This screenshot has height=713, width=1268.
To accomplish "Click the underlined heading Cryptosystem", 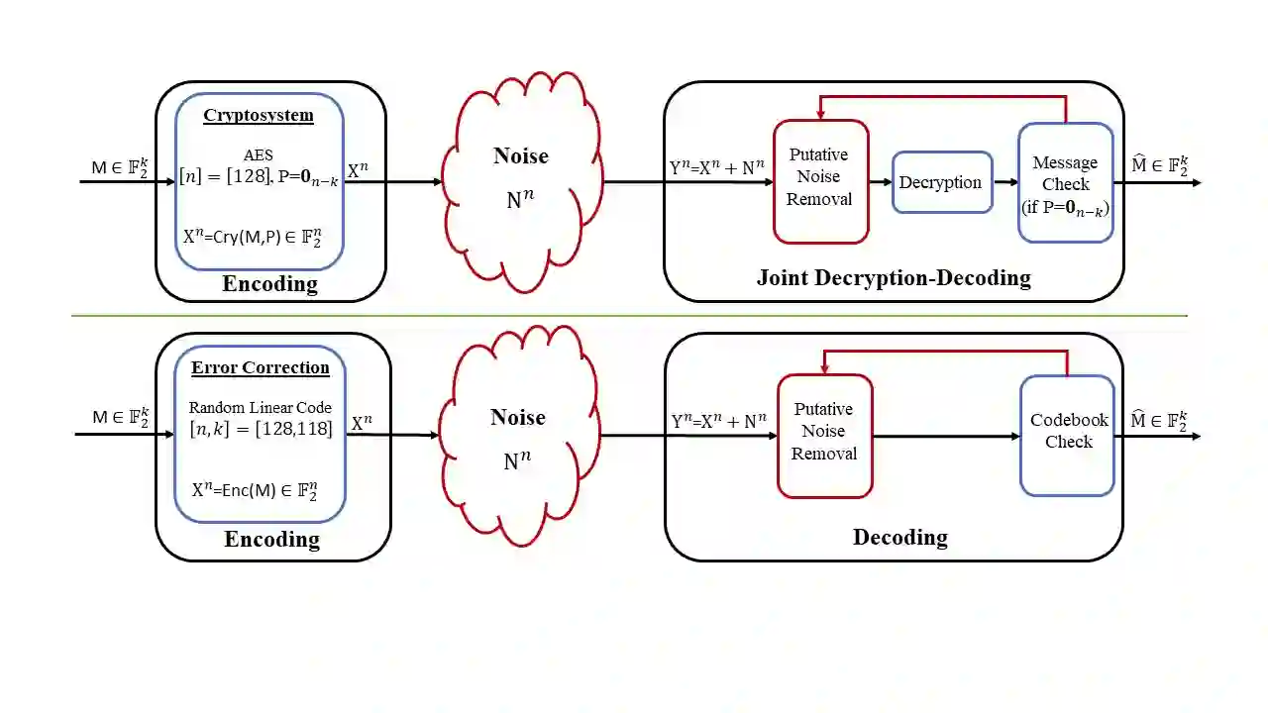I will [x=259, y=115].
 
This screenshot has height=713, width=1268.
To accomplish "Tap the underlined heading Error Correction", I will [x=261, y=367].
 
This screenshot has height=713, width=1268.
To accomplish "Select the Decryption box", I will [x=941, y=182].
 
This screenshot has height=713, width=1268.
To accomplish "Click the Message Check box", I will [x=1065, y=182].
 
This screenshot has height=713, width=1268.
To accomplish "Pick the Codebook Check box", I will [x=1067, y=435].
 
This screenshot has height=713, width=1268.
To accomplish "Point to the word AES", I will [x=258, y=155].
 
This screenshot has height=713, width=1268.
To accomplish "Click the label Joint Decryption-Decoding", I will [x=894, y=278].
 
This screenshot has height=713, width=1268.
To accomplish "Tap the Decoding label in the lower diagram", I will [x=899, y=538].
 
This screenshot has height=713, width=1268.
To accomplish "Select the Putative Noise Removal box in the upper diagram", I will [x=820, y=181].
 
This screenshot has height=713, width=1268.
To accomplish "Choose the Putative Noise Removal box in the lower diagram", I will [x=824, y=435].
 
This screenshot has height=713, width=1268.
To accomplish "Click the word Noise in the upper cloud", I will [x=520, y=156].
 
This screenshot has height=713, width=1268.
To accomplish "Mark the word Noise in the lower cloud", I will [x=518, y=417].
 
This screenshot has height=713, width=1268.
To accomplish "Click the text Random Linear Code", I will [x=260, y=408].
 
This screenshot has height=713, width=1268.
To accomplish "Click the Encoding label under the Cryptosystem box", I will [x=269, y=284].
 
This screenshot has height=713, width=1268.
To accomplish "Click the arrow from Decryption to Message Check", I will [x=1005, y=182].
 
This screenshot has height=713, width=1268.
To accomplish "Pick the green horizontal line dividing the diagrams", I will [x=629, y=316].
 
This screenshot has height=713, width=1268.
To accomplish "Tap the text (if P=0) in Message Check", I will [x=1065, y=206].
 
